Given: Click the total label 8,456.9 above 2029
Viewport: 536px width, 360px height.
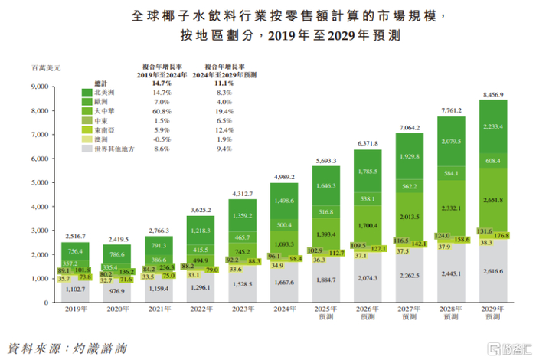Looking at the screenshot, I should tap(491, 94).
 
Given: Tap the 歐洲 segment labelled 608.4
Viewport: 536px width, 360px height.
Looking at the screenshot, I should tap(491, 162).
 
